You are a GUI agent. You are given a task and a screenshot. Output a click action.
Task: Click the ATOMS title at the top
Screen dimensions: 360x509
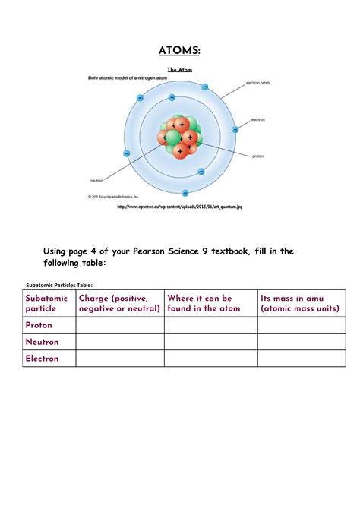(180, 51)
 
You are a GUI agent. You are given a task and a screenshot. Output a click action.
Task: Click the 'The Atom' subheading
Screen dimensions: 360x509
(180, 70)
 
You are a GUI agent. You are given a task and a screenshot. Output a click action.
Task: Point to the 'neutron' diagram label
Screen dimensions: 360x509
(96, 180)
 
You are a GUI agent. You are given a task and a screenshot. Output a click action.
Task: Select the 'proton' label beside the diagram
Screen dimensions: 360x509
(259, 156)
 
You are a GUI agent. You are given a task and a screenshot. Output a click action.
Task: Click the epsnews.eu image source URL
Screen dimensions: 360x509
(180, 207)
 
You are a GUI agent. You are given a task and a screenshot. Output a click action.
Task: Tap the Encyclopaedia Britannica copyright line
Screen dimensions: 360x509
(113, 195)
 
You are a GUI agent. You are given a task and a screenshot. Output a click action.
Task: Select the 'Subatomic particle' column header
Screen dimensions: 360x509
(47, 303)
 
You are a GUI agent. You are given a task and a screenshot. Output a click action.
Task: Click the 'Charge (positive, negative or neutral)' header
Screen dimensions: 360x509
(119, 303)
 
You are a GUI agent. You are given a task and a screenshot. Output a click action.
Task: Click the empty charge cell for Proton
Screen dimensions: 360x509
(119, 325)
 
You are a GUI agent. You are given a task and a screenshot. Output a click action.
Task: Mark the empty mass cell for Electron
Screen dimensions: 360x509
(301, 359)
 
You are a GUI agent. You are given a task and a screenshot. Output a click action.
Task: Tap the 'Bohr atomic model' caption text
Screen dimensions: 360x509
(122, 77)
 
